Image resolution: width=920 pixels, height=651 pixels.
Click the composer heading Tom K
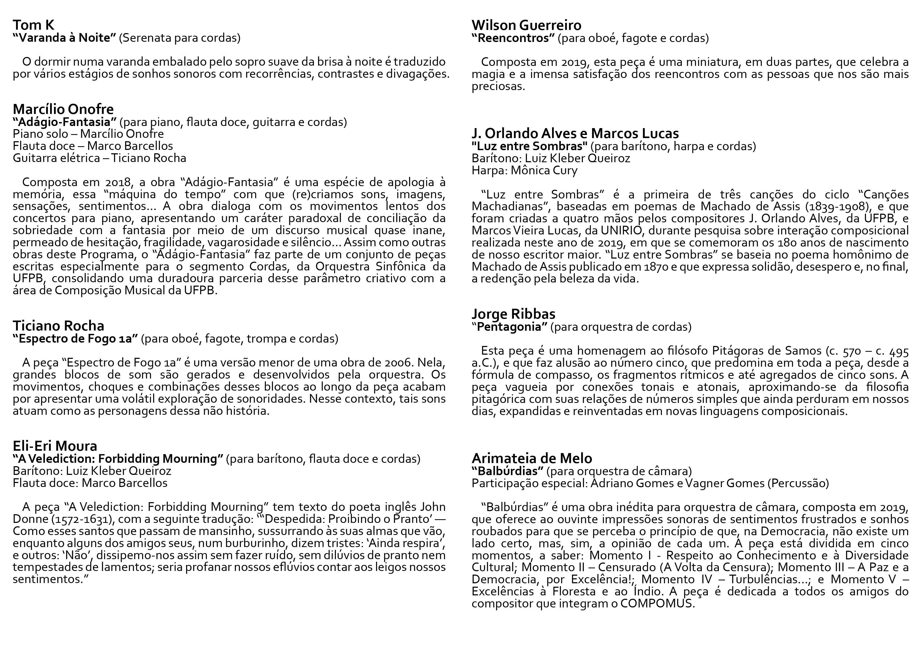tap(33, 25)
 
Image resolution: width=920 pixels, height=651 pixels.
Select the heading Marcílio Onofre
tap(63, 109)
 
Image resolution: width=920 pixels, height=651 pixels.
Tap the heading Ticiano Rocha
tap(58, 326)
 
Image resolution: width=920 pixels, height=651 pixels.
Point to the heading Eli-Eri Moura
tap(55, 446)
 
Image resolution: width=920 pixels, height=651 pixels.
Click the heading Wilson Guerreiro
tap(526, 25)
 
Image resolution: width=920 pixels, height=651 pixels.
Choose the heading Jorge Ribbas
tap(513, 314)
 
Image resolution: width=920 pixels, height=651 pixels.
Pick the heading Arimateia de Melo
tap(532, 458)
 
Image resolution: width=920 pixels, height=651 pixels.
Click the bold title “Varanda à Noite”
tap(64, 38)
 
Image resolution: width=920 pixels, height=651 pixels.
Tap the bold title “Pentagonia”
tap(509, 327)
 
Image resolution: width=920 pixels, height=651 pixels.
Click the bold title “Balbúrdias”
tap(507, 471)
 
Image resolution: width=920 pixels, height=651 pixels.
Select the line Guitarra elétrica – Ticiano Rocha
tap(99, 158)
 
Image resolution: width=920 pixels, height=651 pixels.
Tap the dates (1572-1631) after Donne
tap(87, 519)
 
